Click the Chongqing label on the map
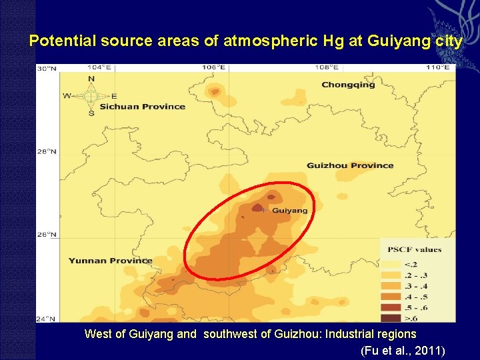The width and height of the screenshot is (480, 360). [x=348, y=85]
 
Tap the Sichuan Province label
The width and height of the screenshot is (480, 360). [x=142, y=107]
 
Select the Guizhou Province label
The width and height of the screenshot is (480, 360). [x=350, y=165]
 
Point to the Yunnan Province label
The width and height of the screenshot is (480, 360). [x=110, y=261]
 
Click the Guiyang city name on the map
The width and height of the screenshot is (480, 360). [x=290, y=211]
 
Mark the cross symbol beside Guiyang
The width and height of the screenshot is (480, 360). [x=264, y=210]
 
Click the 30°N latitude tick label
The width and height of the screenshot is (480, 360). [x=47, y=68]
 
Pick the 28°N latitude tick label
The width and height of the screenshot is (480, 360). [x=47, y=151]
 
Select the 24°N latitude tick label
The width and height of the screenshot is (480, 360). [x=47, y=318]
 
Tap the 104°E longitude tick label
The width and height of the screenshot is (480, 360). [x=98, y=67]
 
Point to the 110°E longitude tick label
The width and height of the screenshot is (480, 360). [x=438, y=67]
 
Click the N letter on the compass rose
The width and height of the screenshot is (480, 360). [x=91, y=79]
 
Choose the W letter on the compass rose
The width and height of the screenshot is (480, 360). [x=67, y=96]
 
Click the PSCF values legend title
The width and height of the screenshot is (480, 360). [x=415, y=250]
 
